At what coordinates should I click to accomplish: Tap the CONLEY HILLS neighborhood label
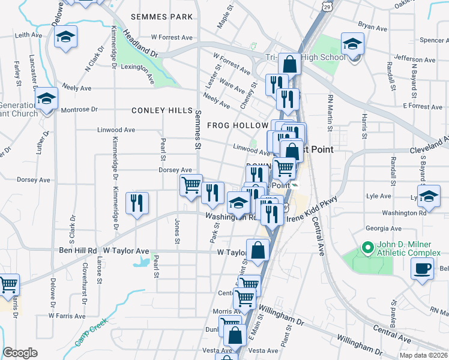162,111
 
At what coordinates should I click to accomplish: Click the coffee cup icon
421,268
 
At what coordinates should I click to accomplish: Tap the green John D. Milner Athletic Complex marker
366,247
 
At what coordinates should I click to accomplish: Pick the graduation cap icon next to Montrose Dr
46,100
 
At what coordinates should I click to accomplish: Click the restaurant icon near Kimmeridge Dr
137,203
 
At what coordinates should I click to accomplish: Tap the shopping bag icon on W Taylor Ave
258,251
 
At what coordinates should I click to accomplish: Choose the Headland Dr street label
141,44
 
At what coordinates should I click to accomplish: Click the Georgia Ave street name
383,228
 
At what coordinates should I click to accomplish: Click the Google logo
20,353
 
